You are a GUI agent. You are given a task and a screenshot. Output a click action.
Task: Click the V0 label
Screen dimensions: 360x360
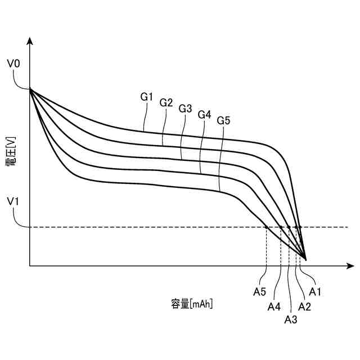pos(13,64)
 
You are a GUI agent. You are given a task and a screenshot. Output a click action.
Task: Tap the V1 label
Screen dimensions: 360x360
pos(13,201)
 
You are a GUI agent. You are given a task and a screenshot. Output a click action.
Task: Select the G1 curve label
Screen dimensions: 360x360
pos(147,97)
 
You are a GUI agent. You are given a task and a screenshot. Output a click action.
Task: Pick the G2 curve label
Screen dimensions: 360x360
pos(166,102)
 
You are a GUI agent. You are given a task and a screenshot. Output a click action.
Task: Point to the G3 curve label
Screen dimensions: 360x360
pos(186,108)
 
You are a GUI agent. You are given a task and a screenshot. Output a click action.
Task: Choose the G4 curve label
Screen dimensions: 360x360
pos(205,114)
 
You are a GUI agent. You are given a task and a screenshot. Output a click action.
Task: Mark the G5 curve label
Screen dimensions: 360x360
pos(224,120)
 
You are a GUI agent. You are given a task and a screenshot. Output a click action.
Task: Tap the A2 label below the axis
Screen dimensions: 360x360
pos(304,307)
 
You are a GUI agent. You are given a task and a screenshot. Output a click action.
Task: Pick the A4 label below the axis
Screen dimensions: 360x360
pos(274,307)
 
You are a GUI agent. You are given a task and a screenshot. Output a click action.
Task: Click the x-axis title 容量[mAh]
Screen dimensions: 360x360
pos(192,304)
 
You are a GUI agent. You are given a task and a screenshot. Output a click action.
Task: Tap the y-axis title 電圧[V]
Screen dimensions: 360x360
pos(12,152)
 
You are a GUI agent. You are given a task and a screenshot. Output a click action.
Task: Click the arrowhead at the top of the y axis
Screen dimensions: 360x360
pos(30,41)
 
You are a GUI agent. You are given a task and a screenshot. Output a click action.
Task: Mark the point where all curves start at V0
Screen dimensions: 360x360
pos(30,89)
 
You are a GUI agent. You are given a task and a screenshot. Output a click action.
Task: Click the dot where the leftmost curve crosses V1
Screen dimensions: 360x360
pos(266,227)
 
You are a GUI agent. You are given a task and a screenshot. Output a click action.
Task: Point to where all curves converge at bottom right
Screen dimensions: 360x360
pos(305,259)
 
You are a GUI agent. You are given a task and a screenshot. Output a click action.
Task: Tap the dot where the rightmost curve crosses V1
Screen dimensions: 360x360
pos(299,227)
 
